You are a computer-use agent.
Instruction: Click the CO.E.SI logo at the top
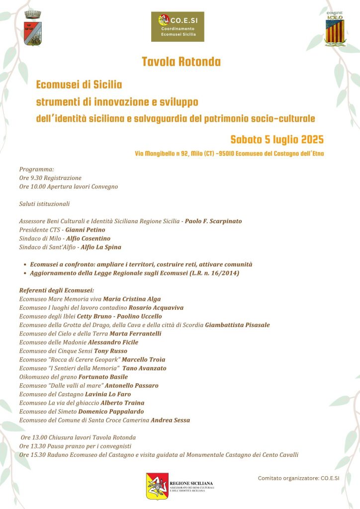pyautogui.click(x=178, y=27)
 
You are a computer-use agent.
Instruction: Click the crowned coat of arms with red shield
pyautogui.click(x=33, y=29)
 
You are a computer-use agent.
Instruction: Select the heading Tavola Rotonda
pyautogui.click(x=181, y=62)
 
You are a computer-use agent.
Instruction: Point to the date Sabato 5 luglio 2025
pyautogui.click(x=277, y=139)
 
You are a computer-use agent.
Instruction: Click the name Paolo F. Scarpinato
pyautogui.click(x=213, y=221)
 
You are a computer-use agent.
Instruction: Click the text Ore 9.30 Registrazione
pyautogui.click(x=50, y=177)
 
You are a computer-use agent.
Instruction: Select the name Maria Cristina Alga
pyautogui.click(x=132, y=299)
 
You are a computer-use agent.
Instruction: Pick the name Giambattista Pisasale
pyautogui.click(x=238, y=325)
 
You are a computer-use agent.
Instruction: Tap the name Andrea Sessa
pyautogui.click(x=171, y=420)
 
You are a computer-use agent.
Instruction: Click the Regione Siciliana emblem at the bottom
pyautogui.click(x=157, y=486)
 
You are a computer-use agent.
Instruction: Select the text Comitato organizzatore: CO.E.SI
pyautogui.click(x=298, y=478)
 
